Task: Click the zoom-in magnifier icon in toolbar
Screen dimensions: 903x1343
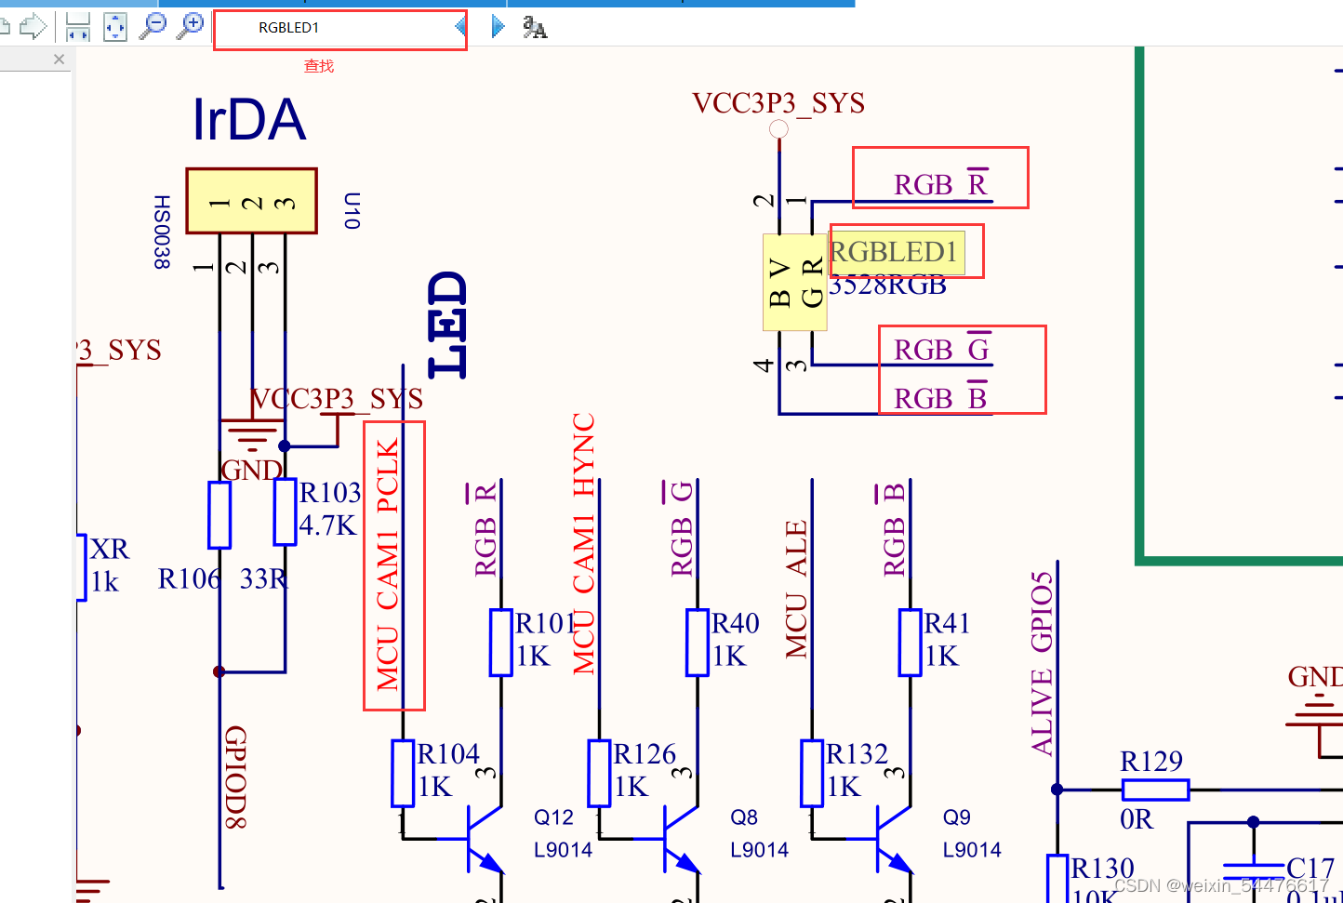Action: (x=191, y=25)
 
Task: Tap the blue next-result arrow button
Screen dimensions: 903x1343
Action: (x=498, y=27)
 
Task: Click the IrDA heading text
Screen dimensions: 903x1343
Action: (x=249, y=120)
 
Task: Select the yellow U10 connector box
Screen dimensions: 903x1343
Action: (x=251, y=201)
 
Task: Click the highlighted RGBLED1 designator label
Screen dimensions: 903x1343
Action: (x=895, y=252)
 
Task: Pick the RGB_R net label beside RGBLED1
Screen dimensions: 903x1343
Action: (x=939, y=184)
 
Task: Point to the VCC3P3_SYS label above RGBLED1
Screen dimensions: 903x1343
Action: (x=778, y=103)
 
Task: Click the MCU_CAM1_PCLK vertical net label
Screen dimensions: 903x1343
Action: (x=388, y=564)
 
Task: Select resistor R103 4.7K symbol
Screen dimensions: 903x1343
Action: (x=285, y=511)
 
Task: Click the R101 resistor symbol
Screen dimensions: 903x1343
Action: (x=501, y=642)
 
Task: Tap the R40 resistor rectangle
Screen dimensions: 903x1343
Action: (x=698, y=642)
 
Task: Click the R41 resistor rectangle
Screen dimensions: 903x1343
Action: (x=910, y=642)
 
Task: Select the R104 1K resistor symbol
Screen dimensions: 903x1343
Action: (x=402, y=772)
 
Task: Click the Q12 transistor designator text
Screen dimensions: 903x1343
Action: (x=553, y=817)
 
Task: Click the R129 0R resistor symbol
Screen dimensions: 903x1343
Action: (x=1155, y=790)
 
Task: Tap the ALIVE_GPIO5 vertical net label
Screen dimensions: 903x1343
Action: (x=1043, y=662)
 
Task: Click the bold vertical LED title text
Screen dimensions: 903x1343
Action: (x=447, y=325)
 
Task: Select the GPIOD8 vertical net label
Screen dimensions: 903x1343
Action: (x=235, y=777)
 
